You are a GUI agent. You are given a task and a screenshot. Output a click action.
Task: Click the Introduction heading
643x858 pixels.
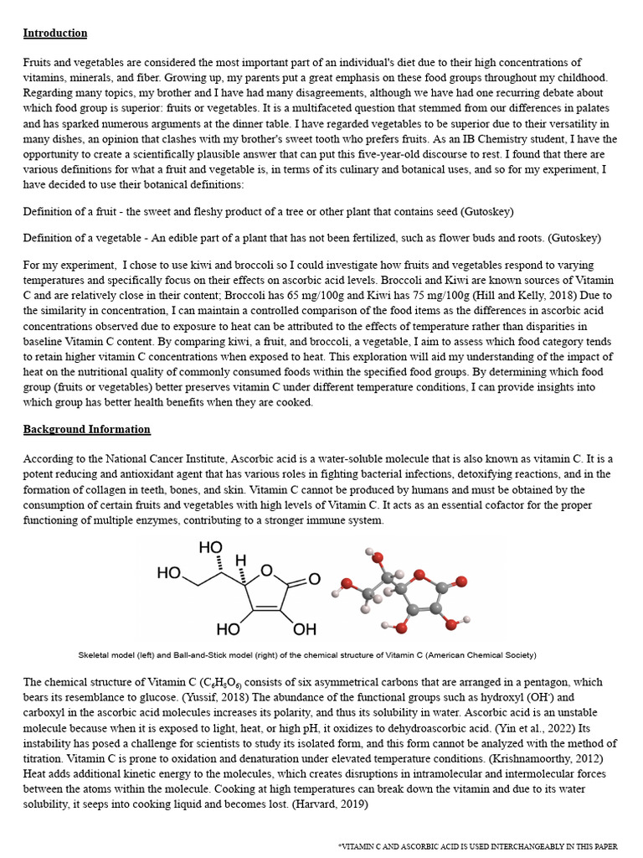click(x=55, y=34)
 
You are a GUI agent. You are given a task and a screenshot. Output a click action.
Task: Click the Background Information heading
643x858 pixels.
click(x=87, y=429)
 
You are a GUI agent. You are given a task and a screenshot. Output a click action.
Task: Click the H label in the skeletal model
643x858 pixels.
click(x=240, y=559)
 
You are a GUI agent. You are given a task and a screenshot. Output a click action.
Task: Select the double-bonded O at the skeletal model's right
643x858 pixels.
click(x=314, y=579)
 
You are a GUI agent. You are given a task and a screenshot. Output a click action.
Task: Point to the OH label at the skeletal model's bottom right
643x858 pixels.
click(x=305, y=628)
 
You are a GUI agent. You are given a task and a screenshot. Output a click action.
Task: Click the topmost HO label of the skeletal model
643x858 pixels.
click(x=210, y=547)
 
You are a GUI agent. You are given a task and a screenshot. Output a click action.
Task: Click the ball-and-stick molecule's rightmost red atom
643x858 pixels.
click(x=460, y=581)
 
